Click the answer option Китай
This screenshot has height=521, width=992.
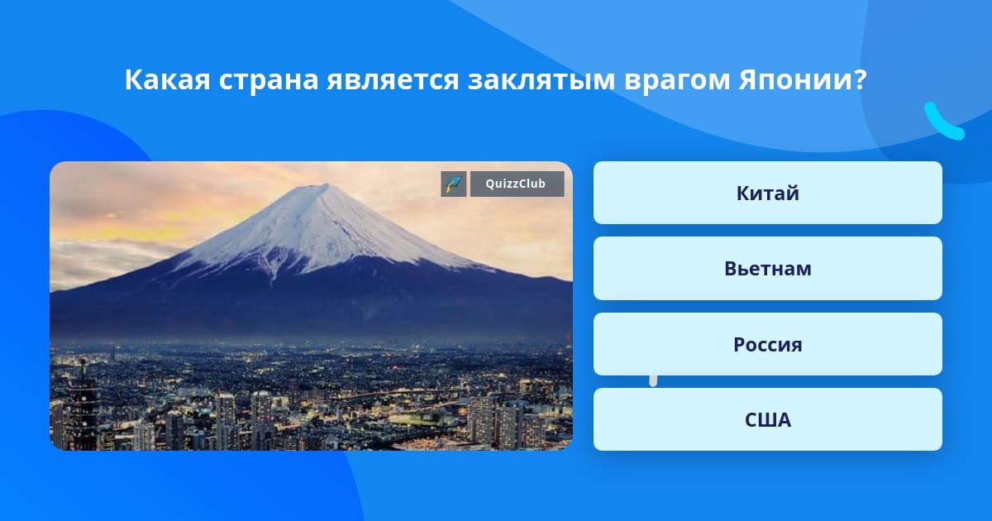coord(767,193)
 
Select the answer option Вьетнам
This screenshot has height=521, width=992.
coord(767,269)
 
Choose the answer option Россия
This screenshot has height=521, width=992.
coord(767,344)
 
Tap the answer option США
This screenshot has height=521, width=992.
coord(767,419)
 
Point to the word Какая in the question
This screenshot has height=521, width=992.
coord(167,79)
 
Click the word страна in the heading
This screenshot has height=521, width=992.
coord(269,81)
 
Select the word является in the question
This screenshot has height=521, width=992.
coord(393,80)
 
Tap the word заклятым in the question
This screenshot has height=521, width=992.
coord(541,80)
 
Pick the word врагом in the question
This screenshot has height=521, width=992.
coord(677,81)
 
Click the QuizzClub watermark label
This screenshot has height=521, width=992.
coord(517,184)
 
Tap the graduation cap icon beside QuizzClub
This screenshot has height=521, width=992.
coord(454,184)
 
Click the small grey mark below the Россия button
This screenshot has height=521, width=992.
coord(653,381)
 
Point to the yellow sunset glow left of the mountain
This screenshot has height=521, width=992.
coord(133,226)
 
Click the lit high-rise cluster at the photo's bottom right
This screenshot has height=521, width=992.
coord(505,421)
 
